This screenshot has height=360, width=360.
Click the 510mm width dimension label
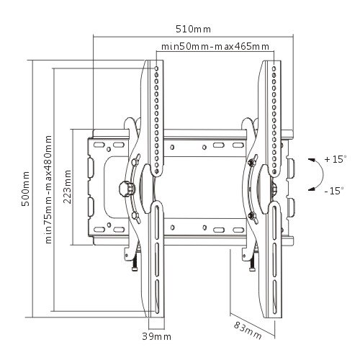[x=193, y=29]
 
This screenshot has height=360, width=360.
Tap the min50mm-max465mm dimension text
[x=215, y=46]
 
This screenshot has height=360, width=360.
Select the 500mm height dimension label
[x=25, y=189]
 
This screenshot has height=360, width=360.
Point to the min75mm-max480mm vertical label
[x=48, y=189]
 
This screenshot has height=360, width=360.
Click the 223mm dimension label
[x=68, y=186]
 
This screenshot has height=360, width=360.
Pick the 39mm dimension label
[x=157, y=336]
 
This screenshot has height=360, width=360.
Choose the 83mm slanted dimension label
[x=248, y=330]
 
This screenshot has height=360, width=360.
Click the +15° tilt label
[x=336, y=159]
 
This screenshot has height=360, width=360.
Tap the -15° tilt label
[x=334, y=191]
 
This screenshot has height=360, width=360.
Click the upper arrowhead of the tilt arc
[x=312, y=161]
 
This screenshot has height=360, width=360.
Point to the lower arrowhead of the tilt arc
[x=312, y=189]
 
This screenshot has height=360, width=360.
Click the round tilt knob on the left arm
[x=125, y=189]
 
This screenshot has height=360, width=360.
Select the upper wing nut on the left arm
[x=136, y=161]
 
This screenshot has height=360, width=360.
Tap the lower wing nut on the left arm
[x=137, y=217]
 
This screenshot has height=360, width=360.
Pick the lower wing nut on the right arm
[x=253, y=217]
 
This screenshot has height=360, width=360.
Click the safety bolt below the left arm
[x=135, y=262]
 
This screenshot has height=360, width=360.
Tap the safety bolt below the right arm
[x=252, y=262]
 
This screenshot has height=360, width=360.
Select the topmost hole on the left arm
[x=156, y=69]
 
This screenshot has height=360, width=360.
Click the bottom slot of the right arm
[x=274, y=297]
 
